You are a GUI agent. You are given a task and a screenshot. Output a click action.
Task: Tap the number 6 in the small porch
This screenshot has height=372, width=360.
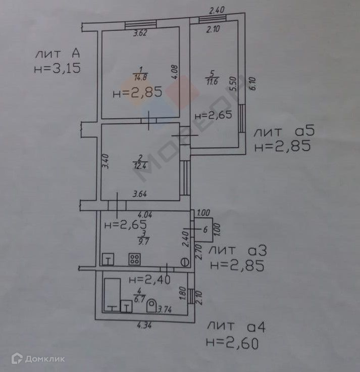click(x=205, y=229)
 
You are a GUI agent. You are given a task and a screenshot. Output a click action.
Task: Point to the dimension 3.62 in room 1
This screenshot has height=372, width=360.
click(x=140, y=34)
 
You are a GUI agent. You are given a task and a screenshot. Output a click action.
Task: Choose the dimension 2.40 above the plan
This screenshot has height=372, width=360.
click(x=216, y=10)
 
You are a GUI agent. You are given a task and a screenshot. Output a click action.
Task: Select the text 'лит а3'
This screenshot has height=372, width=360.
click(x=237, y=251)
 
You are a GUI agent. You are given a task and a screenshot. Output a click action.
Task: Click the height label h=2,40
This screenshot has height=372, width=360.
click(x=149, y=279)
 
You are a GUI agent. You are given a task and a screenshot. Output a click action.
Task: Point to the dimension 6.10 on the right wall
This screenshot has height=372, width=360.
click(x=252, y=83)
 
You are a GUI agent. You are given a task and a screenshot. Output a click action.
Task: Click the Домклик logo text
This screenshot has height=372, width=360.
click(x=44, y=359)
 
